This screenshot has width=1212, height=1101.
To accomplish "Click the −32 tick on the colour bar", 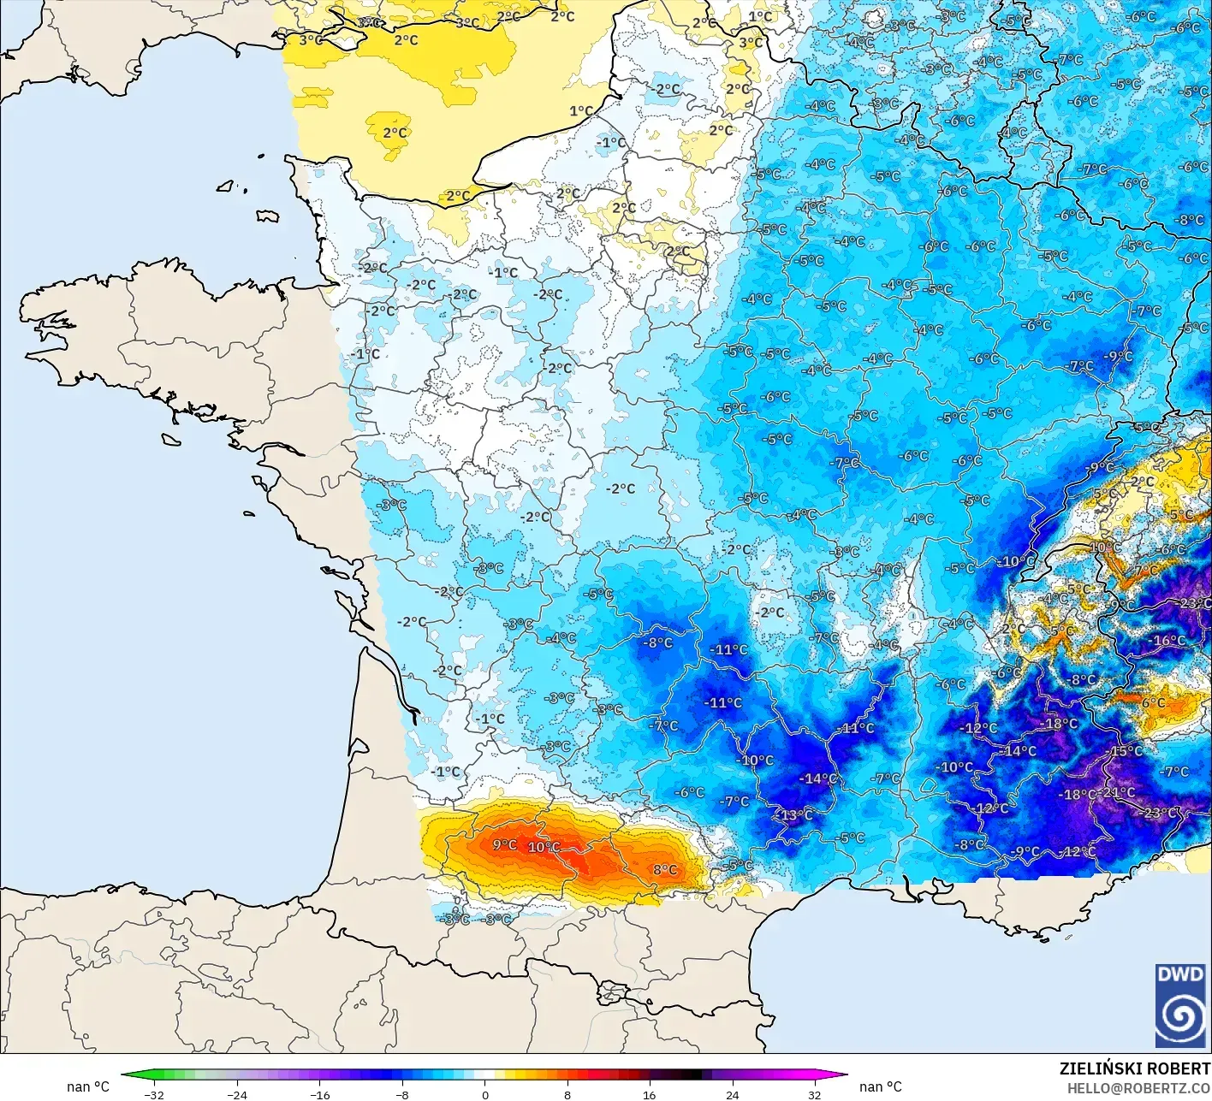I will [154, 1094].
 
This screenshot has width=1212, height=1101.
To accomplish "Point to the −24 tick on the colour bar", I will [237, 1094].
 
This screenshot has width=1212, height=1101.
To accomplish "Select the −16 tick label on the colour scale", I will [319, 1094].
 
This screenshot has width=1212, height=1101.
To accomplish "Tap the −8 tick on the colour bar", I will [402, 1094].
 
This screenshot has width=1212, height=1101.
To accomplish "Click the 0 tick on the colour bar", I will [485, 1094].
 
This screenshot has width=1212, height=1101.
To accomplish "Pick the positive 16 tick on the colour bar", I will [650, 1094].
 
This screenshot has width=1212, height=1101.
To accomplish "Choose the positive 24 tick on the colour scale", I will [732, 1094].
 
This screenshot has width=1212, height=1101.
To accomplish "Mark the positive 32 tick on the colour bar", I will [814, 1094].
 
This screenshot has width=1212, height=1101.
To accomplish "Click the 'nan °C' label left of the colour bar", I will [88, 1086].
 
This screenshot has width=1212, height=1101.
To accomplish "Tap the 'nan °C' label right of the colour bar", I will [880, 1086].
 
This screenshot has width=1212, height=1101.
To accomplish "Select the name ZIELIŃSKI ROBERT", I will [1135, 1068].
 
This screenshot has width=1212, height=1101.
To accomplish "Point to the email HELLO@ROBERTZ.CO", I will [1138, 1087].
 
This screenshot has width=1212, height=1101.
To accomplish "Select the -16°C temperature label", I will [1168, 640].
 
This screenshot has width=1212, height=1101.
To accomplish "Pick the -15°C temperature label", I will [1126, 751].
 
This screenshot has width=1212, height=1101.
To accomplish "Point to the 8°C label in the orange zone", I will [665, 870].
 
